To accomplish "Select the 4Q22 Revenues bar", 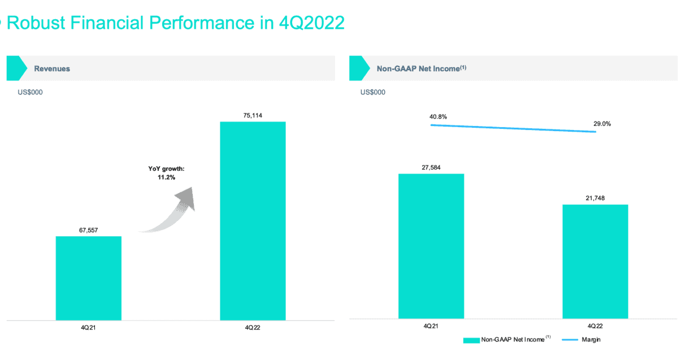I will [253, 221].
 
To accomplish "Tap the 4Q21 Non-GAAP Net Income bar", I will [431, 246].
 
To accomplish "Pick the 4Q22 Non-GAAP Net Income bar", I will [596, 261].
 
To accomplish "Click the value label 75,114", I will [253, 116].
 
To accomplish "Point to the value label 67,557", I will [88, 230].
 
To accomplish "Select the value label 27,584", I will [431, 167].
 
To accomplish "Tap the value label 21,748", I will [596, 198].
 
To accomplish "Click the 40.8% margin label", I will [438, 117].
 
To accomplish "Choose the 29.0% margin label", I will [602, 123].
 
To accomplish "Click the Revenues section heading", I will [52, 68].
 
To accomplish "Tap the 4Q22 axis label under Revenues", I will [253, 328].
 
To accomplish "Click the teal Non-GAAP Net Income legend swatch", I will [471, 340].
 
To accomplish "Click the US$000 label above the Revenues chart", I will [30, 92].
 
